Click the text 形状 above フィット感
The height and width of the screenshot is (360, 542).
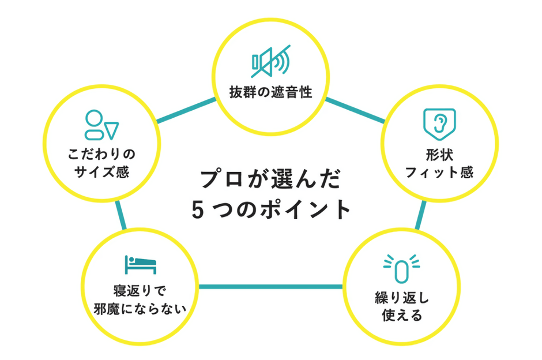439,155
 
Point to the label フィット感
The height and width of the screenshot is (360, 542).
439,172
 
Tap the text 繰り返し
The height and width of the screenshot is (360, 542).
402,299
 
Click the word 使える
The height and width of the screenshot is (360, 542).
402,316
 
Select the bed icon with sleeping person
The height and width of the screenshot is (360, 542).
140,264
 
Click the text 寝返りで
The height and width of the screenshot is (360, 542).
140,291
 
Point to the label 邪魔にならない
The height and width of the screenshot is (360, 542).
140,308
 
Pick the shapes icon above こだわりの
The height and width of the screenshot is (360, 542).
101,125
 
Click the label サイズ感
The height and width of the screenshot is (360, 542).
101,172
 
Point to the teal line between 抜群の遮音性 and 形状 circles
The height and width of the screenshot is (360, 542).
355,110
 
